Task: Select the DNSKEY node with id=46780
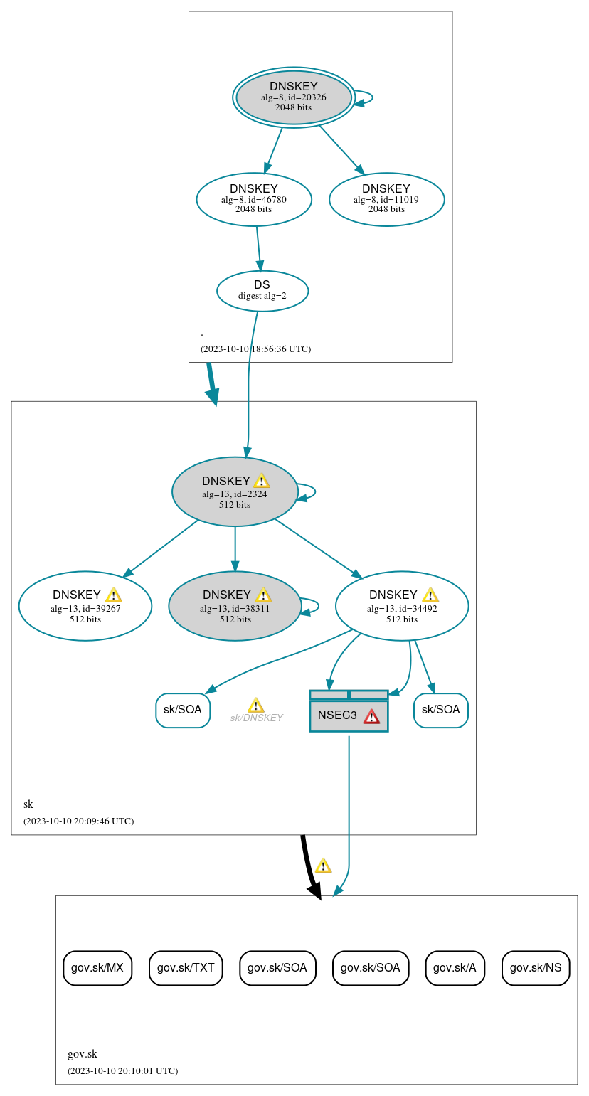[254, 199]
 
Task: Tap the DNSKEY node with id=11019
[386, 199]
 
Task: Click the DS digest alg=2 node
[262, 290]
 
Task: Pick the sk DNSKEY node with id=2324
[234, 491]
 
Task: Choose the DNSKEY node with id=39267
[85, 606]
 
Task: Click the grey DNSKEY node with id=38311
[235, 606]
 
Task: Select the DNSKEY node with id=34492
[401, 606]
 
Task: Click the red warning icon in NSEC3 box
[371, 716]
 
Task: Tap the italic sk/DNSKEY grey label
[256, 718]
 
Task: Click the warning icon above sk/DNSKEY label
[255, 706]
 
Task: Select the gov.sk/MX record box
[97, 968]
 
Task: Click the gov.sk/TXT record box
[186, 968]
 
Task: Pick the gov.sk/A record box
[455, 968]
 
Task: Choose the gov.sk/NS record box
[536, 968]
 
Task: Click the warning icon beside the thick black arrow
[323, 866]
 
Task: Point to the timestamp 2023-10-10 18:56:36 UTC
[255, 349]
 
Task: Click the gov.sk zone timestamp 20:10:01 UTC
[122, 1071]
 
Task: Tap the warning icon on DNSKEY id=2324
[261, 481]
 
